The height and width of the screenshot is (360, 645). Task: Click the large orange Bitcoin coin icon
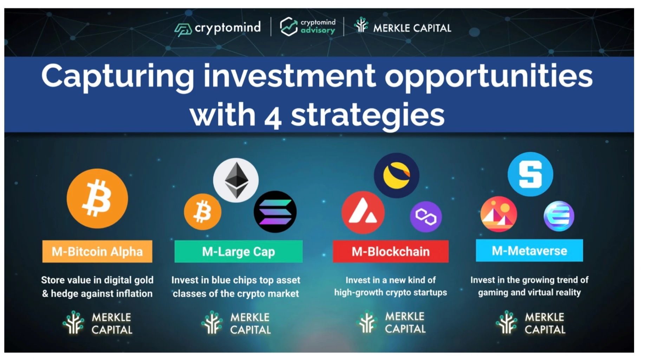coord(97,199)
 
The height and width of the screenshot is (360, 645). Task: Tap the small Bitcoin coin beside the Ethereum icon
coord(203,212)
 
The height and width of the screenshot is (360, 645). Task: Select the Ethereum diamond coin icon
coord(236,180)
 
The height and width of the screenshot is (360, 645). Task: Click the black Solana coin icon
coord(275,212)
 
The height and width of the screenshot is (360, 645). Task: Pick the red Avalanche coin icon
coord(363,212)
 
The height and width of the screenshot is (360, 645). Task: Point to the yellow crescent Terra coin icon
coord(397,175)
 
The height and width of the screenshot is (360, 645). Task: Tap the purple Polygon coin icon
coord(426,217)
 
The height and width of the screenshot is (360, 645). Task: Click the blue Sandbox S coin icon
coord(530,174)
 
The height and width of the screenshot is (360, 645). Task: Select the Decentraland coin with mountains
coord(499,214)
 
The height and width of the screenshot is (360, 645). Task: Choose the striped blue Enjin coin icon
coord(559,216)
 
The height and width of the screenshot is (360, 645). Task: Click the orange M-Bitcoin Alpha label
coord(97,251)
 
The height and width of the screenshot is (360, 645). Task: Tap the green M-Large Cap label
coord(239,251)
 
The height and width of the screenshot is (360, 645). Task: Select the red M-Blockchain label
coord(391,251)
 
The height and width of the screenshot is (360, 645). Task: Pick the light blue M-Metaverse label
coord(529,250)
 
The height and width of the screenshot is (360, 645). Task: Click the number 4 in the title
coord(273,118)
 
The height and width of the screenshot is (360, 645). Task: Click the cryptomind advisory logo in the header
coord(307,26)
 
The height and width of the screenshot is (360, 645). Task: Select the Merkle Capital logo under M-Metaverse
coord(530,323)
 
